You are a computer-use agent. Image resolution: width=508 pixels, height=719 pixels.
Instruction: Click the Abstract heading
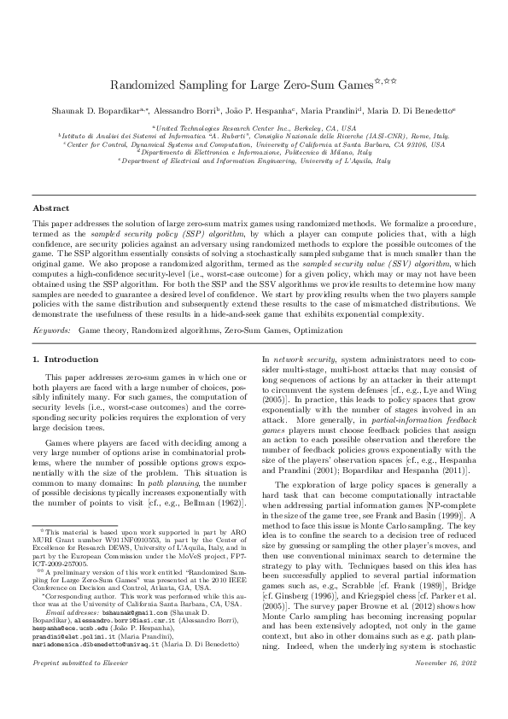[x=50, y=208]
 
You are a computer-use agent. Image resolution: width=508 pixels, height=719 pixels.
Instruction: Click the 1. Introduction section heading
[x=65, y=360]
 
